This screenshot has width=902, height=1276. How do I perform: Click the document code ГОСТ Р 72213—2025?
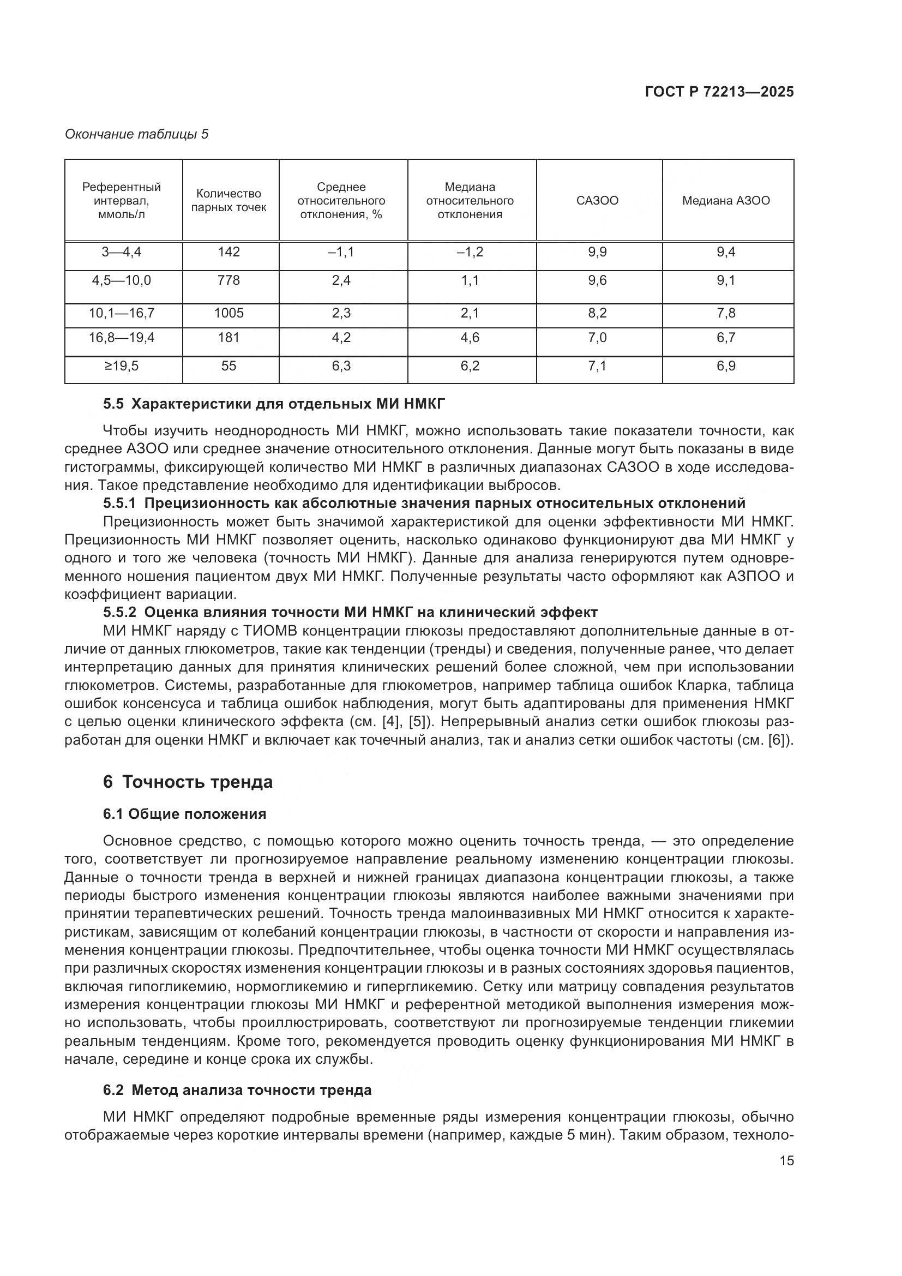[x=719, y=92]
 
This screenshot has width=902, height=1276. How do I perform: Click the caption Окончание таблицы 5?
[x=137, y=134]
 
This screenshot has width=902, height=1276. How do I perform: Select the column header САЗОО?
[x=597, y=201]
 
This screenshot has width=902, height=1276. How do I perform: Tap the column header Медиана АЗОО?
[x=726, y=201]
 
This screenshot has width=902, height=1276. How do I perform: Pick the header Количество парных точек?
[x=229, y=201]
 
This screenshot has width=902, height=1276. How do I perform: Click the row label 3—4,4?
[x=121, y=253]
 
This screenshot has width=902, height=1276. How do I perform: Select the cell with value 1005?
[x=229, y=314]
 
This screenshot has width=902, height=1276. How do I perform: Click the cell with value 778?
[x=229, y=280]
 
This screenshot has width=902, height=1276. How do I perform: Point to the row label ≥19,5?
[x=121, y=366]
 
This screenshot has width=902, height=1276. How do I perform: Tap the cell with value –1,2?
[x=470, y=253]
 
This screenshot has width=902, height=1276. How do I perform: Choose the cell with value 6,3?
[x=341, y=366]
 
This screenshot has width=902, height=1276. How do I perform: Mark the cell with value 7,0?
[x=597, y=338]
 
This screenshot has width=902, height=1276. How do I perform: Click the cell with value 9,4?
[x=726, y=253]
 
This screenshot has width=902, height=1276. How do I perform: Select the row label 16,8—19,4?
[x=121, y=338]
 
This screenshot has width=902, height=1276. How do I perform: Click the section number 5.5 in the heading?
[x=113, y=404]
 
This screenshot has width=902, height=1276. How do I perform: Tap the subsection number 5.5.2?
[x=119, y=613]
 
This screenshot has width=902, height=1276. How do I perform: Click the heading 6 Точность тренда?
[x=188, y=782]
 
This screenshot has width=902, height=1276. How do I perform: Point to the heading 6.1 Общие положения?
[x=184, y=814]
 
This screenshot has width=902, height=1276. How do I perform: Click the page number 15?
[x=786, y=1161]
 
